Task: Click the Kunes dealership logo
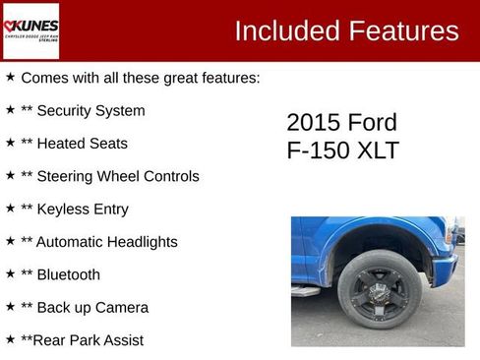31,31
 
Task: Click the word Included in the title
288,31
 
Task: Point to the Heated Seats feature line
74,144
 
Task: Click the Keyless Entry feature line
74,209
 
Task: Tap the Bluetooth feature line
60,274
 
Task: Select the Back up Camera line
85,308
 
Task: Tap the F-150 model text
317,151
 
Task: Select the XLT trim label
377,151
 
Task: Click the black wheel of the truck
379,287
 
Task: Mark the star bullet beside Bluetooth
11,273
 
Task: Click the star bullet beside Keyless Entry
11,208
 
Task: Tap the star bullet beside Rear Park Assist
11,338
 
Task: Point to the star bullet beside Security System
11,109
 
